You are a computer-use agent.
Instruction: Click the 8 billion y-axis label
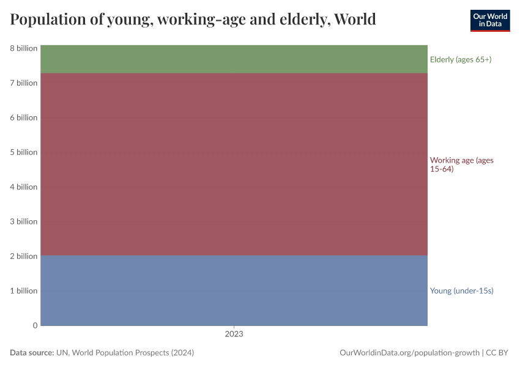point(24,48)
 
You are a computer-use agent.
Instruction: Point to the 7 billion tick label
point(24,83)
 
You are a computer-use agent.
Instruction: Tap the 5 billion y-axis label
point(24,152)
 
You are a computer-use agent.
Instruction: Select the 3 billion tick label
point(24,221)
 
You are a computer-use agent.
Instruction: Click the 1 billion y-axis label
point(24,291)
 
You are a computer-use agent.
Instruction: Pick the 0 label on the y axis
point(35,325)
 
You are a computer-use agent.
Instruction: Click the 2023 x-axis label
point(234,335)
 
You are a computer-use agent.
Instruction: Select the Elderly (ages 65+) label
point(461,59)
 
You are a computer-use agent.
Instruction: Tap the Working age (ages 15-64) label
point(461,165)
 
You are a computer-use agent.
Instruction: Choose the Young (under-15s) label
point(461,291)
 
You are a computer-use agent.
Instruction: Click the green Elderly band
point(234,59)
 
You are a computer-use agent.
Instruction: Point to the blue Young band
point(234,291)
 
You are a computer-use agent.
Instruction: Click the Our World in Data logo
point(490,20)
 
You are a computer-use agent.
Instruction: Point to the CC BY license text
point(497,353)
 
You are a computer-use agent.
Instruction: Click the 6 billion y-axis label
point(24,117)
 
